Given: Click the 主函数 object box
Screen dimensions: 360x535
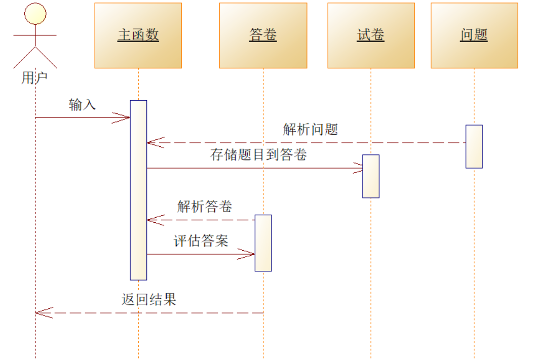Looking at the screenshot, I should [138, 35].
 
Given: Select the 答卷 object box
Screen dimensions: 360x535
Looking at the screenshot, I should [263, 35].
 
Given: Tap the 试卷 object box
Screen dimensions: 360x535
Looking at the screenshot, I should [371, 35].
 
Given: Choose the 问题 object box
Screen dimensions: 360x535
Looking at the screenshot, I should [474, 35].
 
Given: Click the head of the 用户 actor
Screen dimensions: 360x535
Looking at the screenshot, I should [35, 14].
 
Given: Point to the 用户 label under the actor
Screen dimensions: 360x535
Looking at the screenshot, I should [34, 78].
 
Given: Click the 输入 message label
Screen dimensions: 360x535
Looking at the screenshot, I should [82, 105].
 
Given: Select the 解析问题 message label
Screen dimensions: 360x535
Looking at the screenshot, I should [310, 130].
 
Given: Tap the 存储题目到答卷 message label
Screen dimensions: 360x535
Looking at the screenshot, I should [258, 155].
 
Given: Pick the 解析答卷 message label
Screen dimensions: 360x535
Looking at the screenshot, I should [205, 207].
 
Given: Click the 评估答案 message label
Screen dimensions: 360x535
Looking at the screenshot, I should [201, 241].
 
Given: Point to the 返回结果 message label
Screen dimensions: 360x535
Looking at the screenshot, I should [149, 299].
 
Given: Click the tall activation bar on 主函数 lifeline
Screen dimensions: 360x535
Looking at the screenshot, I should [138, 190].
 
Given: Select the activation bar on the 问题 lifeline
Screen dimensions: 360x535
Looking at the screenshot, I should [474, 146].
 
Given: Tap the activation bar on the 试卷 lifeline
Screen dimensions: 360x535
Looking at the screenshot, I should [371, 176].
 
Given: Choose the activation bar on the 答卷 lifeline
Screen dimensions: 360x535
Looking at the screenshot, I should [263, 243].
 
